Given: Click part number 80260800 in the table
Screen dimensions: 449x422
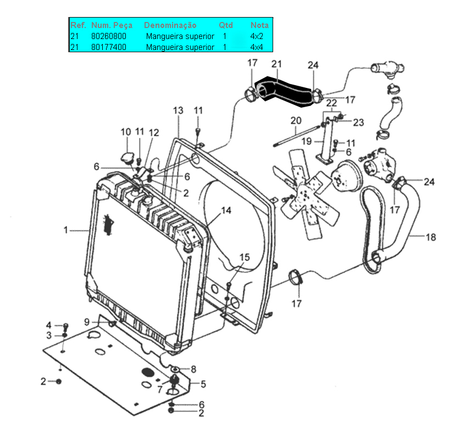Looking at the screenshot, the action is coord(108,36).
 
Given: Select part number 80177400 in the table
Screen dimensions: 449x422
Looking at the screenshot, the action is coord(108,47).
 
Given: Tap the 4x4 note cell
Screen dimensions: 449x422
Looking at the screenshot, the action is coord(257,47).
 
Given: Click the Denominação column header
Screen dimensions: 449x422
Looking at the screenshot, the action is coord(170,25).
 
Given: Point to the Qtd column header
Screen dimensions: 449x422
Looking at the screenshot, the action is coord(226,25).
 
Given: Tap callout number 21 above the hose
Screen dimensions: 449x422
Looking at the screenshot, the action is coord(276,64).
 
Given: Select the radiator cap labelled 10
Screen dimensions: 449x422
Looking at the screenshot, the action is coord(127,158).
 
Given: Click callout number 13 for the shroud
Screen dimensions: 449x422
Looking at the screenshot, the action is coord(178,110).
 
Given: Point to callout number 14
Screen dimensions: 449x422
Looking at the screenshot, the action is coord(226,210).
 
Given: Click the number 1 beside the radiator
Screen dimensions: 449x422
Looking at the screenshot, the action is coord(65,230).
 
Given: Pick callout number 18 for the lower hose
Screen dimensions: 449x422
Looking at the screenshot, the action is coord(431,237).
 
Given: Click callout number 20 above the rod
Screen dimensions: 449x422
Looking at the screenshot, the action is coord(296,120).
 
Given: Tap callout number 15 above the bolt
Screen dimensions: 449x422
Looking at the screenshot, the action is coord(244,257).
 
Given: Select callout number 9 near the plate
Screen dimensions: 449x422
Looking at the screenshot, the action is coord(87,322).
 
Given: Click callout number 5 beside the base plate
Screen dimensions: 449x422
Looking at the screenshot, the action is coord(203,384).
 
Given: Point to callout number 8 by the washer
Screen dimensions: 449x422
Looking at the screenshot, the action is coord(193,369).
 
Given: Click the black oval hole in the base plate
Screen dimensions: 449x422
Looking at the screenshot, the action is coord(148,373).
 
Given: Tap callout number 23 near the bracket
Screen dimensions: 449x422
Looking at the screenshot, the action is coord(358,123).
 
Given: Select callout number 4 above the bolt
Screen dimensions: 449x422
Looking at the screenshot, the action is coord(49,325).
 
